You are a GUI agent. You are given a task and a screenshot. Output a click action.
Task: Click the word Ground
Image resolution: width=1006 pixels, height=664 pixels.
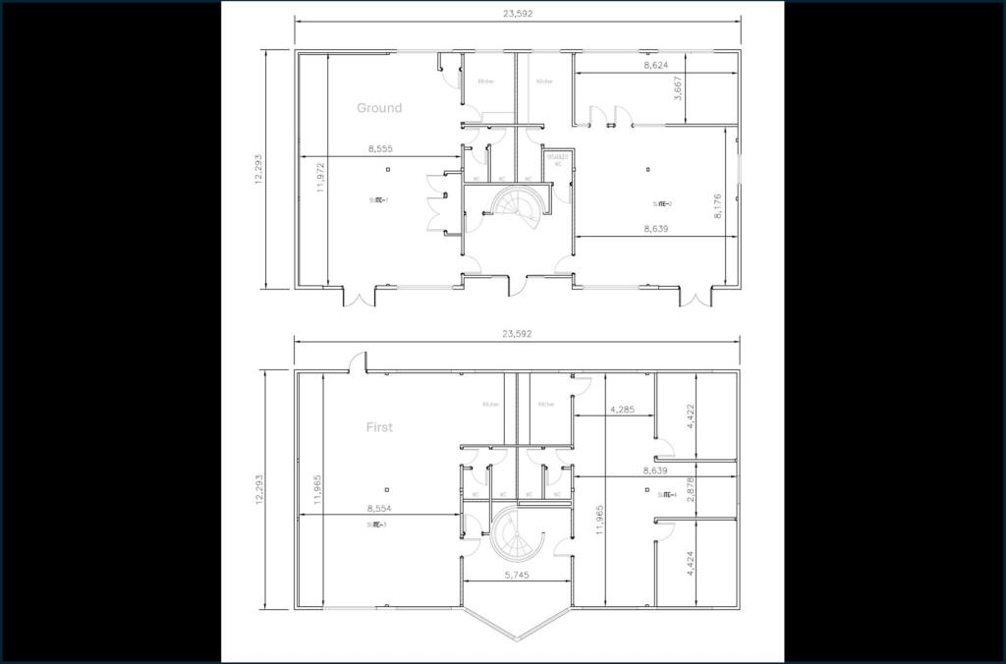coord(379,108)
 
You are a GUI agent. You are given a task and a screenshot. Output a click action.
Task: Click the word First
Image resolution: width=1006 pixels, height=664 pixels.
coord(379,427)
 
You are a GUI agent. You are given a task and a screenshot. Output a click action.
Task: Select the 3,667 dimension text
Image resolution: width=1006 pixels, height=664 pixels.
coord(678,88)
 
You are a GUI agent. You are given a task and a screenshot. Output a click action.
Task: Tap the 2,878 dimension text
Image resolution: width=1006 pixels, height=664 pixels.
coord(691,490)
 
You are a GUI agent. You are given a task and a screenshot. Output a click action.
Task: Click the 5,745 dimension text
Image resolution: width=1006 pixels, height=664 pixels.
coord(516,575)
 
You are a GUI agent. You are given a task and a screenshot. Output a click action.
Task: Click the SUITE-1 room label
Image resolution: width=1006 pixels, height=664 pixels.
coord(378,201)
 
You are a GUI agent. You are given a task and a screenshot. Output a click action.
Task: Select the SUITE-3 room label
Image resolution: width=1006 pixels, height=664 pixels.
coord(376,525)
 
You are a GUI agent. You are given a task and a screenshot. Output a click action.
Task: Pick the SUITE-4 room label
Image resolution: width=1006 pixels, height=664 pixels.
coord(668,495)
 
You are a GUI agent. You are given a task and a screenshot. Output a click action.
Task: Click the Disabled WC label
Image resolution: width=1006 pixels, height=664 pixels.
coord(557,160)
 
